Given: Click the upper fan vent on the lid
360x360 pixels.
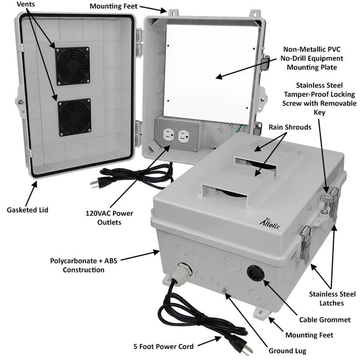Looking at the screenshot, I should [x=73, y=65].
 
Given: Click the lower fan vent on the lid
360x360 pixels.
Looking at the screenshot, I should [x=74, y=117].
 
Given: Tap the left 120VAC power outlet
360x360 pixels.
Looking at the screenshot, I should [x=166, y=136].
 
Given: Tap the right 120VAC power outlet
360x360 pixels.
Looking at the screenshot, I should [x=182, y=136].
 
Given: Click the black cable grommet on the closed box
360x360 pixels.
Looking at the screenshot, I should [x=254, y=274].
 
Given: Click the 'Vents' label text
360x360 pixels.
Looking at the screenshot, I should [x=26, y=5].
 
